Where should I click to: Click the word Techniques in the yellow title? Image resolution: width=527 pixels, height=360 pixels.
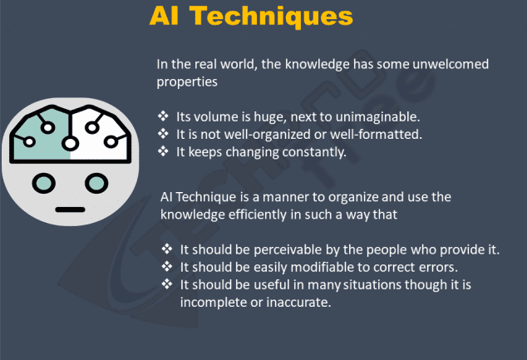[x=271, y=17]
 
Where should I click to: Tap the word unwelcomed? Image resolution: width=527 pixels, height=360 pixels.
[x=451, y=64]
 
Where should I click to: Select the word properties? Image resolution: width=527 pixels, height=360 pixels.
[x=187, y=82]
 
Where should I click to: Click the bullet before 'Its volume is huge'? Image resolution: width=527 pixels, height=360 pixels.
[x=163, y=116]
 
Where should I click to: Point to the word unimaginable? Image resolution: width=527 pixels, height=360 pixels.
[x=377, y=117]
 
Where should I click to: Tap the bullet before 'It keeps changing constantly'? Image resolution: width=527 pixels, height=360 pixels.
[x=163, y=151]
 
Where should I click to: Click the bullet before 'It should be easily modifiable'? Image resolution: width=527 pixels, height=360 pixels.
[x=167, y=267]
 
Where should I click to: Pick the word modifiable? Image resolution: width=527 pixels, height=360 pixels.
[x=322, y=267]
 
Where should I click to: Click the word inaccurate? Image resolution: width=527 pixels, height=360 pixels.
[x=298, y=303]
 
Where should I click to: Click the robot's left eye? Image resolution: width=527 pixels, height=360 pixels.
[x=44, y=184]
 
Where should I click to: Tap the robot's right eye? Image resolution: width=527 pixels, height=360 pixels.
[x=96, y=184]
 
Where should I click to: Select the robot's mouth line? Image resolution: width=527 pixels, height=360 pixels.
[x=70, y=210]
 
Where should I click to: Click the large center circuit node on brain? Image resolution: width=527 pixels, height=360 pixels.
[x=70, y=144]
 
